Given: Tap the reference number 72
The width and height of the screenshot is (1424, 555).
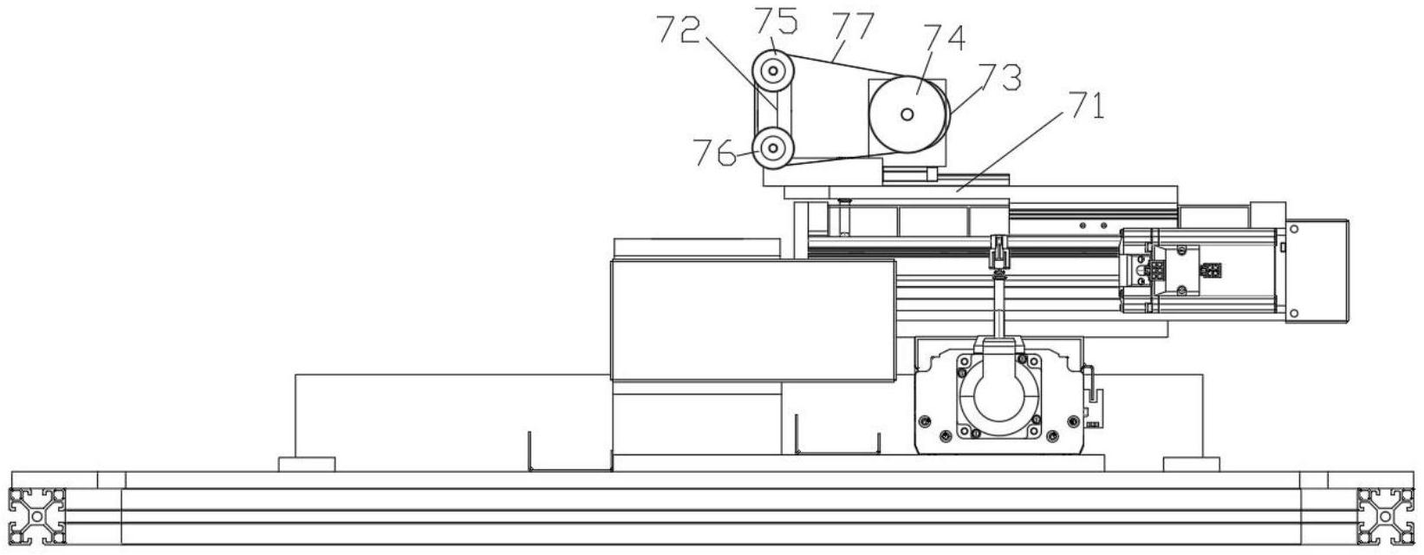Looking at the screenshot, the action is [x=679, y=32].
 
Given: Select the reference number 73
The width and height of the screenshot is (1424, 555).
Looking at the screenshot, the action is [x=998, y=78].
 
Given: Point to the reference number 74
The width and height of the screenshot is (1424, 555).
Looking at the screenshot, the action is [x=942, y=38].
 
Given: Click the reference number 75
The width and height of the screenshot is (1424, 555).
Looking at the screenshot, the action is [x=774, y=19].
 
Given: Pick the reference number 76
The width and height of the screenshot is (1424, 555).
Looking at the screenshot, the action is [x=714, y=153].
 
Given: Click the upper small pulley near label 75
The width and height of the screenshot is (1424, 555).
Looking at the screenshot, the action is [x=771, y=69].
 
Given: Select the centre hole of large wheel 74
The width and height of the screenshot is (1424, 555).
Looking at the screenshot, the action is [x=907, y=114].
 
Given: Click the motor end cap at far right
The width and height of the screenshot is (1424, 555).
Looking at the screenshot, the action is [x=1317, y=271].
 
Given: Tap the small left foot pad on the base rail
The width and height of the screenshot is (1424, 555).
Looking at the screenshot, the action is [x=306, y=464].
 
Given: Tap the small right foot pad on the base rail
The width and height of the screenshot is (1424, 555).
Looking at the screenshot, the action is [x=1191, y=464].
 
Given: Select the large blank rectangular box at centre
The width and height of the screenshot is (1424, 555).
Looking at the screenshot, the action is [x=752, y=321].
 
